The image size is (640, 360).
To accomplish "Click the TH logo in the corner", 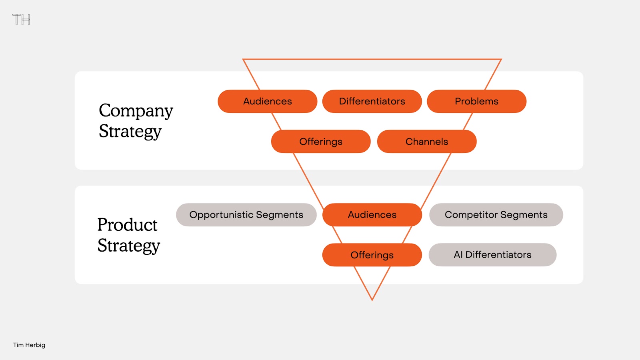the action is [x=21, y=20].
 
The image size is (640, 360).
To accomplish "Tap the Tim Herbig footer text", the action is [x=29, y=345].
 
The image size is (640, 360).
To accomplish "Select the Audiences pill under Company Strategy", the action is [x=268, y=101].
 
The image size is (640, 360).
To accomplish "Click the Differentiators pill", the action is [x=372, y=101].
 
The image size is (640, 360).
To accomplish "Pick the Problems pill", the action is [x=476, y=101].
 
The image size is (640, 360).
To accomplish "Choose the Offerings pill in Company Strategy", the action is [x=321, y=142].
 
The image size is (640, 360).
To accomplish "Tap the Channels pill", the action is [x=427, y=142].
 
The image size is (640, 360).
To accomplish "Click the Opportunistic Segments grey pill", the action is [x=246, y=215].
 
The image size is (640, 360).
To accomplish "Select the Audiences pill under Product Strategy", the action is [x=372, y=215].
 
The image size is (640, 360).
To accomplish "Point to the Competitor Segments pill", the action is [x=496, y=215].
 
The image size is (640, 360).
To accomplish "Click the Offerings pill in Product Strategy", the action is [x=372, y=255].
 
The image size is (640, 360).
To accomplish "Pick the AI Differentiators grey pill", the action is [x=492, y=255].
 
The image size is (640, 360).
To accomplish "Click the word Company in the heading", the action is [x=136, y=111].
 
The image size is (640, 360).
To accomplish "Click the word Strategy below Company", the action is [x=130, y=132].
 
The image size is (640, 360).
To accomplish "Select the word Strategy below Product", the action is [x=129, y=246].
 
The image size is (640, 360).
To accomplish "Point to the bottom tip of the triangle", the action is [x=372, y=300].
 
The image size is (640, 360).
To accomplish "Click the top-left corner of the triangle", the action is [x=243, y=59].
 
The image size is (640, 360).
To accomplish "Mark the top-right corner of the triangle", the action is [x=502, y=59].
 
